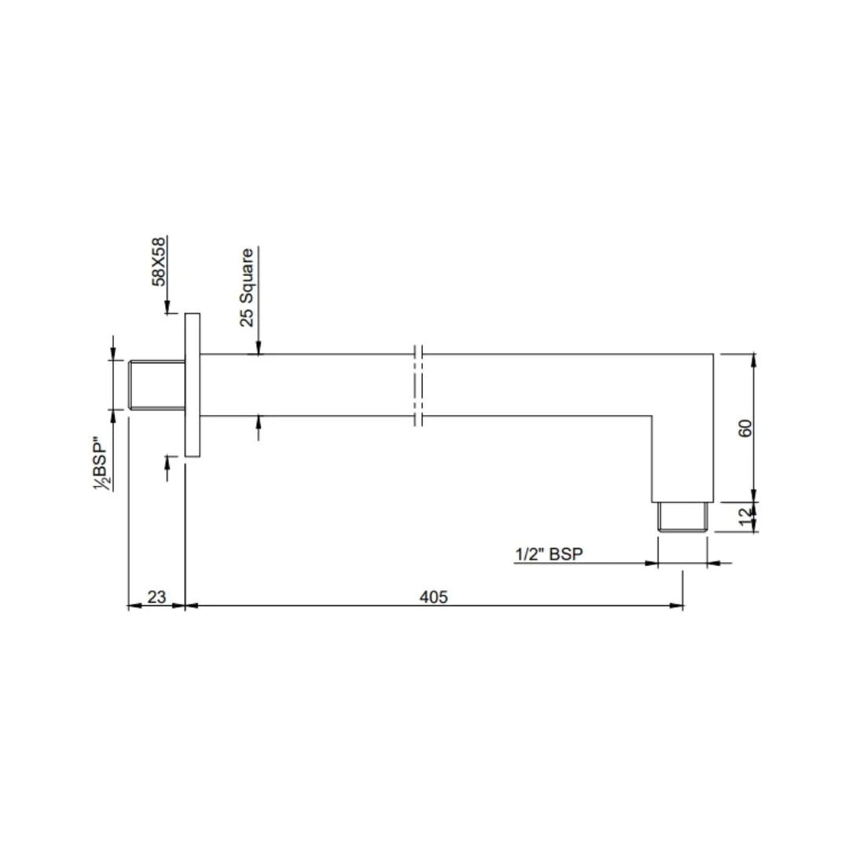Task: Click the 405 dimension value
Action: click(x=433, y=597)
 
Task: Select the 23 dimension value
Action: click(x=156, y=597)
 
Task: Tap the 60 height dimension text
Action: click(x=746, y=428)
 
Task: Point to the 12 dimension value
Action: click(x=746, y=517)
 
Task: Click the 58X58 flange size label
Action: click(x=160, y=262)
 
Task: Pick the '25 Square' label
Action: click(x=247, y=287)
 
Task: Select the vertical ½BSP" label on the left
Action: click(x=101, y=464)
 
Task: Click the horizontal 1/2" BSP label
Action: click(x=549, y=554)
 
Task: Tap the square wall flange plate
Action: click(x=193, y=384)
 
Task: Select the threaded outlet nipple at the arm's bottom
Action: click(x=683, y=518)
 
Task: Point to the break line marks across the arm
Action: click(x=418, y=384)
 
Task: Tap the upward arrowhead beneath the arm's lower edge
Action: click(x=258, y=422)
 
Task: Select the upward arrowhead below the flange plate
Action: click(x=167, y=462)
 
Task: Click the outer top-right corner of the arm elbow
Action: click(x=713, y=355)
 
